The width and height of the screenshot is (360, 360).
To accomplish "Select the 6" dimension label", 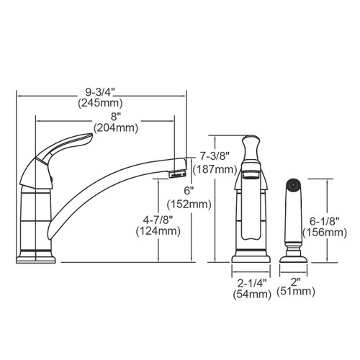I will tap(190, 192).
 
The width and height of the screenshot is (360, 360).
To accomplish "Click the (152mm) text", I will tap(190, 204).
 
